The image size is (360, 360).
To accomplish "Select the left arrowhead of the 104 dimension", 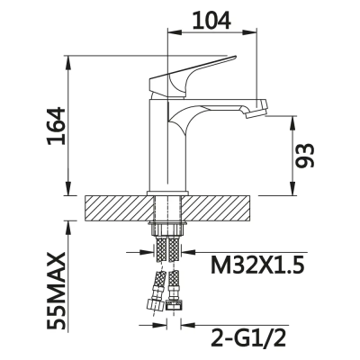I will (172, 35).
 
